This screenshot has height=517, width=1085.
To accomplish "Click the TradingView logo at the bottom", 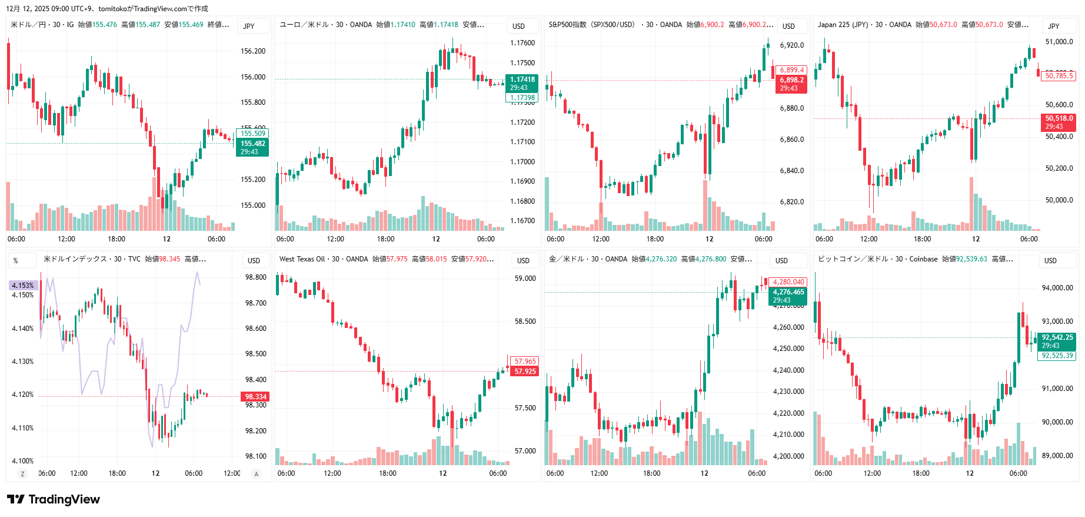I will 54,499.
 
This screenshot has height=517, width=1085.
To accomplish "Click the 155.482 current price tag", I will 253,144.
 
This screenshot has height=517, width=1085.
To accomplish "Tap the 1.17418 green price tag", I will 522,79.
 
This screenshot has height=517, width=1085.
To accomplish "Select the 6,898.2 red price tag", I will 791,80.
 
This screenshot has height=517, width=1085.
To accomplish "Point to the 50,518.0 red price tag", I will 1059,118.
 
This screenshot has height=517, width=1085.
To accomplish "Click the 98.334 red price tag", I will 256,397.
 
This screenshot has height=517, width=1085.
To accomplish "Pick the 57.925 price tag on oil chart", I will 525,372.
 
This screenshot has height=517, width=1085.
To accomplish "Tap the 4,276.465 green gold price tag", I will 788,292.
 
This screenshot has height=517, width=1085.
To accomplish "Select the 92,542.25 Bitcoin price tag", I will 1057,337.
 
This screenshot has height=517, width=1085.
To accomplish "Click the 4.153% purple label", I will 23,286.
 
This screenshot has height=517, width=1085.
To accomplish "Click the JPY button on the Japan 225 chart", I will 1053,26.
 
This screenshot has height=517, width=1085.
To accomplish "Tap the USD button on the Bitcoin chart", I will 1050,260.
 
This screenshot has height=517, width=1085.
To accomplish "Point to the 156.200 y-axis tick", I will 253,51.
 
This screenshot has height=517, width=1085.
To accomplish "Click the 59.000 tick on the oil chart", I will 525,279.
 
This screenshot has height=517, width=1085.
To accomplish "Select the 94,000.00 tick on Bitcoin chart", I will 1057,288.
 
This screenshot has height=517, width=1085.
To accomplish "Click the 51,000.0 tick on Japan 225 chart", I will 1059,42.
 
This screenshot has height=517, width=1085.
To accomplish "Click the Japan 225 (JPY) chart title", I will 843,25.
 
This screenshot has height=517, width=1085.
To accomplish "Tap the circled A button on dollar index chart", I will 256,474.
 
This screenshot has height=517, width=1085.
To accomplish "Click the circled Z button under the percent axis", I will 23,474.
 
